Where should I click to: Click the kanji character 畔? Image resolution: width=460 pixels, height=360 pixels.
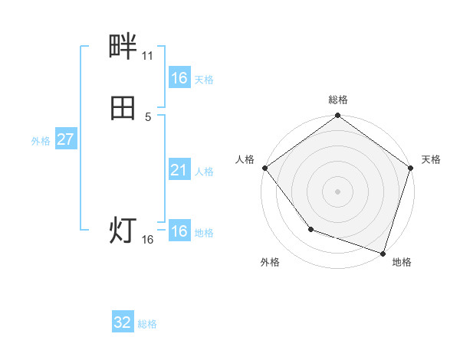click(123, 47)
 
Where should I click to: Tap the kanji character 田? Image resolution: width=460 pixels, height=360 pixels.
click(123, 109)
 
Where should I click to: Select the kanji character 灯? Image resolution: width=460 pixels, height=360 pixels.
click(123, 230)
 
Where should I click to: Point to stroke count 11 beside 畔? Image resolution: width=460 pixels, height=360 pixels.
click(147, 56)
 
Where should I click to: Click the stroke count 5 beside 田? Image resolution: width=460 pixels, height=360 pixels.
click(147, 117)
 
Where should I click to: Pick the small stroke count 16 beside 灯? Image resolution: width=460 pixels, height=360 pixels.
click(147, 240)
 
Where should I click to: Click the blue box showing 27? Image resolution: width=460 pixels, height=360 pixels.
click(65, 140)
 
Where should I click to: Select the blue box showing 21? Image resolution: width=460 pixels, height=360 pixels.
click(179, 171)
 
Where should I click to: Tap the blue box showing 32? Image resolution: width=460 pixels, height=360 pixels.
click(123, 322)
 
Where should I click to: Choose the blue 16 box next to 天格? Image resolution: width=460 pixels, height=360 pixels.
click(179, 78)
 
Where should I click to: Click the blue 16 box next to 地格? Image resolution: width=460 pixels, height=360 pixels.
click(179, 231)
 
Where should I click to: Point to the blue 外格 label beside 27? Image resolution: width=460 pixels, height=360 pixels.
click(41, 141)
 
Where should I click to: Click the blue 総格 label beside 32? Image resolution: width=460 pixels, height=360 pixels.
click(147, 324)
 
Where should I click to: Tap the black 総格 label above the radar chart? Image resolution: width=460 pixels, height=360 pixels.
click(338, 100)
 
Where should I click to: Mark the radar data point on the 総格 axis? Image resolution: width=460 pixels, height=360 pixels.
click(338, 116)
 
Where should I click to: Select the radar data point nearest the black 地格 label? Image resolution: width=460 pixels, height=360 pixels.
click(383, 252)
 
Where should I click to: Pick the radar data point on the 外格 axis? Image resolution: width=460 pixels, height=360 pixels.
click(310, 229)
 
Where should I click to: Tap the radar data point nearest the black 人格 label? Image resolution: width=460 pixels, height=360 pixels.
click(264, 168)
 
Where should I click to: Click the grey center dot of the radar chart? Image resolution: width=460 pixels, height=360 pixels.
click(338, 191)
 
